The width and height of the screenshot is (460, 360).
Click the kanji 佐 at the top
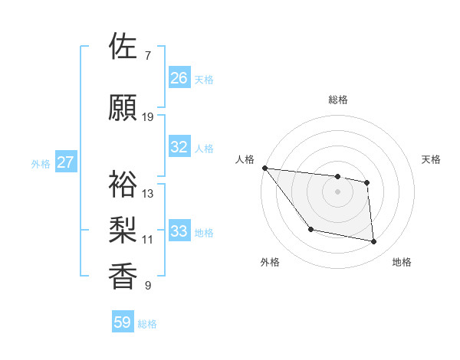123,46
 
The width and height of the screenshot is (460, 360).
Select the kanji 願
123,107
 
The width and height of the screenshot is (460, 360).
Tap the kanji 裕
123,184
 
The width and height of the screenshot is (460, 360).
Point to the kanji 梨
123,229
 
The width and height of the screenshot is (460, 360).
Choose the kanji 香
123,276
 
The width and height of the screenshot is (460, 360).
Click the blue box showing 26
179,78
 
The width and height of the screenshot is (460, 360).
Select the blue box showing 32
179,147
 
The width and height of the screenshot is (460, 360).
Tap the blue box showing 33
179,231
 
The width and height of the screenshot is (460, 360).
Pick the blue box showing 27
65,162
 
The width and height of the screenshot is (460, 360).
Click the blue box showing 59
123,322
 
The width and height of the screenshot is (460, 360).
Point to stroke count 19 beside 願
148,117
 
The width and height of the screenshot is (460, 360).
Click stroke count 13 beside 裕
148,194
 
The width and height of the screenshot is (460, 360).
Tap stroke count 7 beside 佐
147,56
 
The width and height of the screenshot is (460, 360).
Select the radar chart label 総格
338,100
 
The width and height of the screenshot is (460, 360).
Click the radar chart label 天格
431,159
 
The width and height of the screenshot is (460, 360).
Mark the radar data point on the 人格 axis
264,168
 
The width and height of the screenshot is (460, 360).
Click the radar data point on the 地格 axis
374,242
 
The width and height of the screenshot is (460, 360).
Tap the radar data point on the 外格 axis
310,229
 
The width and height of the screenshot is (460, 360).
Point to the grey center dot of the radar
338,191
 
